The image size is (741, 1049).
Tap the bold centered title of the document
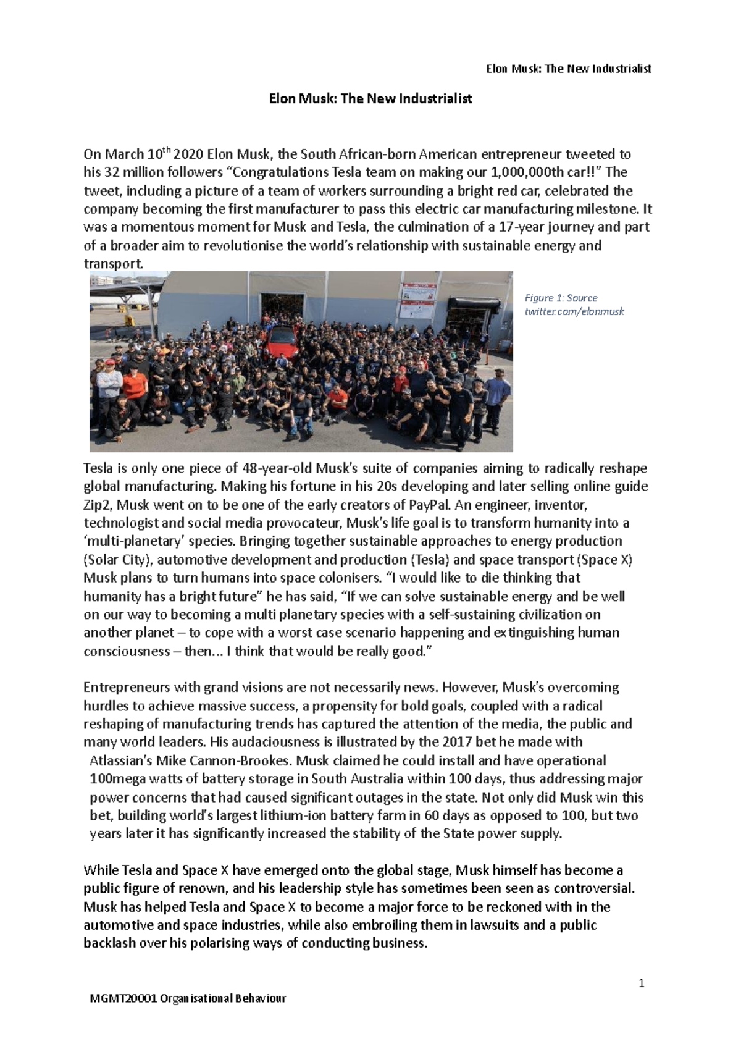[371, 98]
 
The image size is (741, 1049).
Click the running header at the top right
[568, 69]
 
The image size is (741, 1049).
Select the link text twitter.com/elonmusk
[574, 311]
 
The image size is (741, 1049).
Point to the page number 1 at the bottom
[642, 983]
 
